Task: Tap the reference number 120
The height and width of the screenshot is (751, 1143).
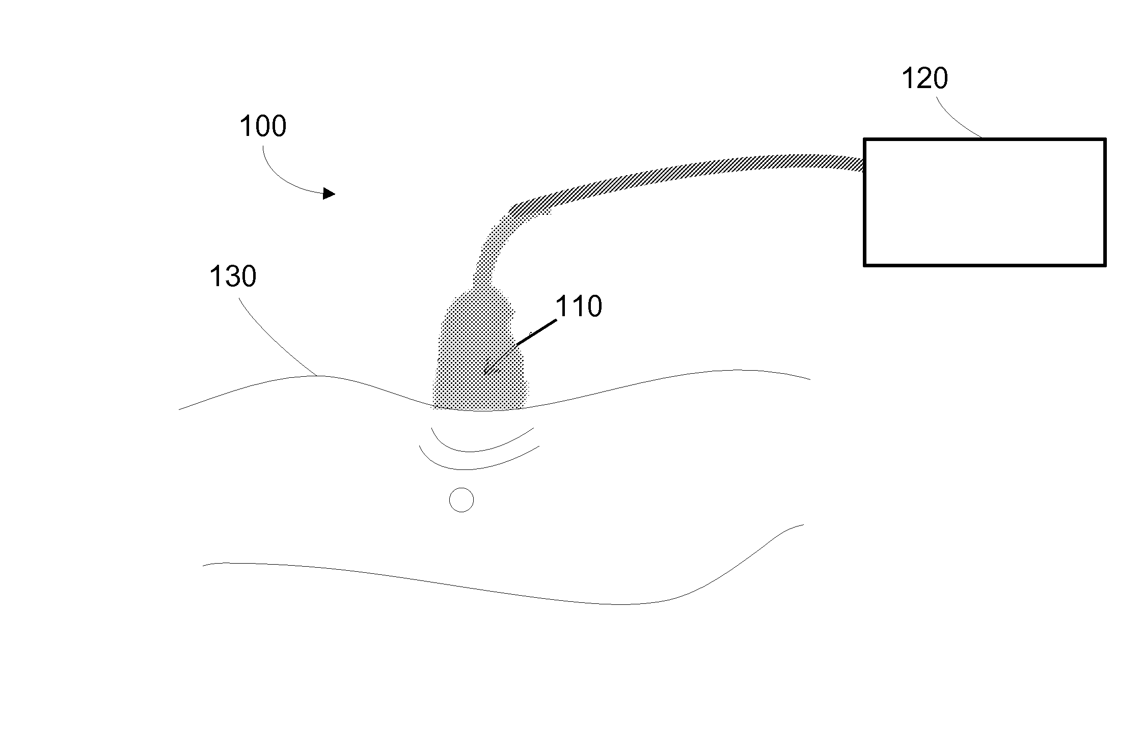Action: point(924,79)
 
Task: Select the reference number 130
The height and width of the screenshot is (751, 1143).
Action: point(233,277)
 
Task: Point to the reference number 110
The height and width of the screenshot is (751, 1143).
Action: point(579,307)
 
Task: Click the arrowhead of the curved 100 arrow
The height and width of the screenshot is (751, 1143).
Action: point(330,193)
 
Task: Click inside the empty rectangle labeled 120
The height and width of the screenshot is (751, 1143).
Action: point(985,202)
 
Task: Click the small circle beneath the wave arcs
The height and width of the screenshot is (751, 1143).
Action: point(461,500)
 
